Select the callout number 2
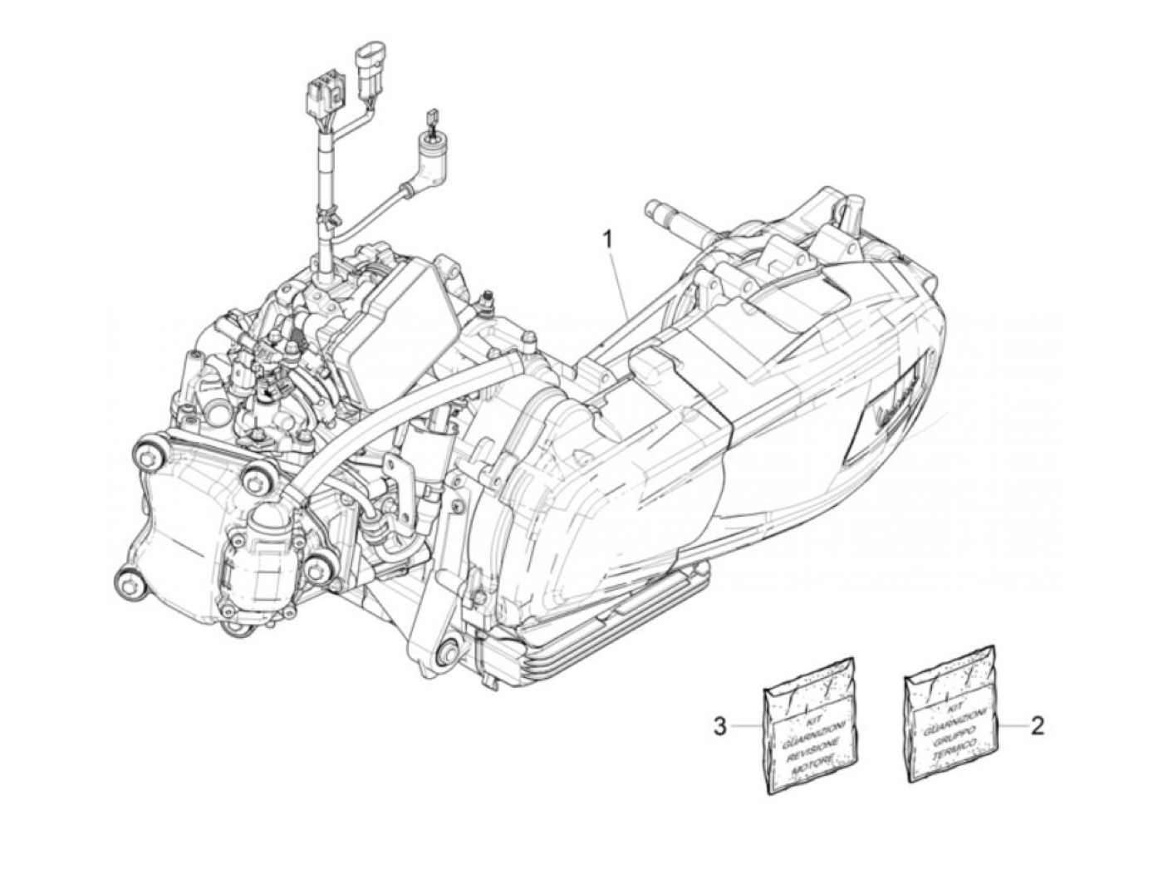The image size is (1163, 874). (x=1037, y=725)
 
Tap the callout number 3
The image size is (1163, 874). (x=720, y=726)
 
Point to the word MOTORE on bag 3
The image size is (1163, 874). (x=811, y=768)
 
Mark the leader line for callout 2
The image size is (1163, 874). (x=1010, y=725)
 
